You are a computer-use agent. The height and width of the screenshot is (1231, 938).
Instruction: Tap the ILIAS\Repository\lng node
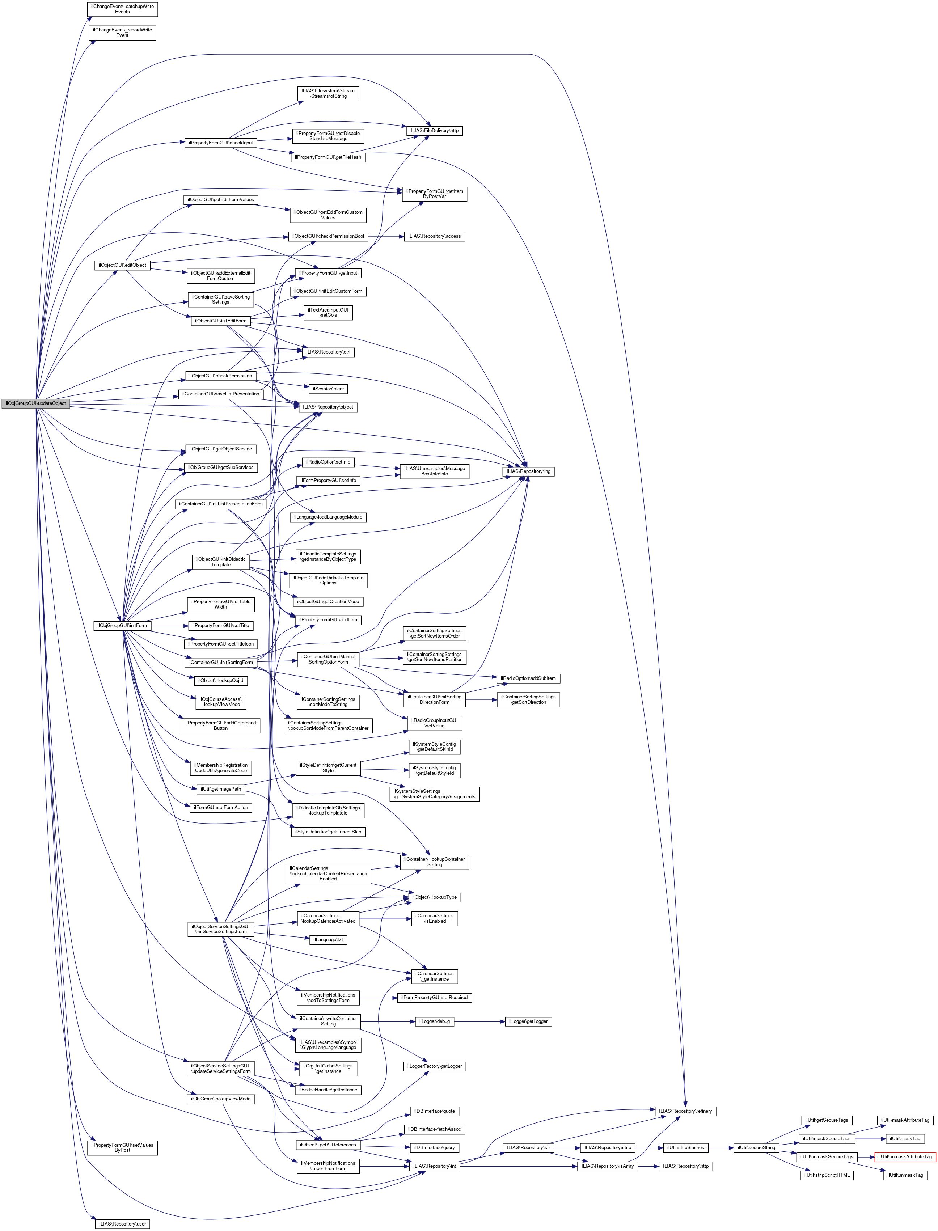(x=528, y=471)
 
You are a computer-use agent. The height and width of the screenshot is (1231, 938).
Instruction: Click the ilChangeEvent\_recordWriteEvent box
(x=122, y=32)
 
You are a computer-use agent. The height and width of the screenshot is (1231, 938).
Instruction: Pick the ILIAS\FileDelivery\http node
(x=434, y=131)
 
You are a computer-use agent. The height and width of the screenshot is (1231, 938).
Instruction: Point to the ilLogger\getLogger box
(x=528, y=1021)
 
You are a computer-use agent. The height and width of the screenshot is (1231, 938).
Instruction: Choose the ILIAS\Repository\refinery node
(x=685, y=1111)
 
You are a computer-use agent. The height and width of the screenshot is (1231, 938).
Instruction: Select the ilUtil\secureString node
(x=756, y=1148)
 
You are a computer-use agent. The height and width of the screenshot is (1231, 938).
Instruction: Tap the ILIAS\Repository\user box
(x=122, y=1224)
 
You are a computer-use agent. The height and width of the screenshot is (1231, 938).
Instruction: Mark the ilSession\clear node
(x=328, y=389)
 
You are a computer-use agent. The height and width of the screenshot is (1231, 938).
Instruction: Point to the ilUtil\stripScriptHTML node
(x=827, y=1175)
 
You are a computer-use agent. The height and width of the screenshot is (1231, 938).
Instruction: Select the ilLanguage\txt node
(x=328, y=940)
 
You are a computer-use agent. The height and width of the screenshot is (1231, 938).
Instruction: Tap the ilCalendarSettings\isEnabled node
(x=434, y=918)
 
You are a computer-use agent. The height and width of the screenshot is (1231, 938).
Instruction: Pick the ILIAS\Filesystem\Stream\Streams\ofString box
(x=328, y=93)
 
